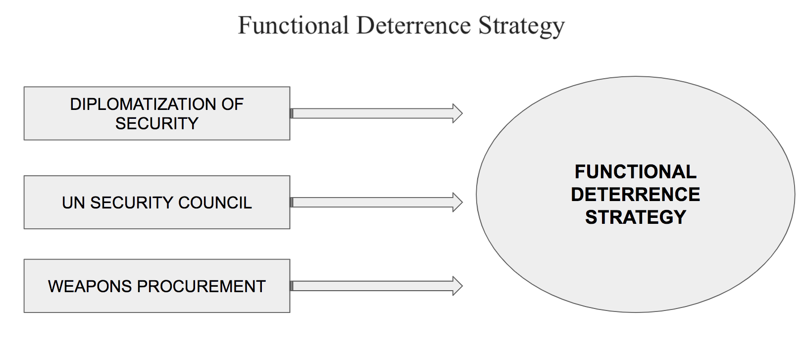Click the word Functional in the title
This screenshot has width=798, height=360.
pos(293,25)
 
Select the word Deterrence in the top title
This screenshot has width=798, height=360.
pos(414,25)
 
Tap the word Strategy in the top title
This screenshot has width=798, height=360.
pos(522,27)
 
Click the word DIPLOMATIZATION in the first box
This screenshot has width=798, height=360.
pos(143,104)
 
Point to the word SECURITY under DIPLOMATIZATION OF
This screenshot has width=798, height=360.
pos(157,124)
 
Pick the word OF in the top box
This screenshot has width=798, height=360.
pos(232,104)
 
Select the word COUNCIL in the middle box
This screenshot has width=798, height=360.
pos(215,203)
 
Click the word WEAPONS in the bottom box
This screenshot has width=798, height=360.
pos(90,287)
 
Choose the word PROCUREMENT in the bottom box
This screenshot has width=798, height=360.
pos(201,287)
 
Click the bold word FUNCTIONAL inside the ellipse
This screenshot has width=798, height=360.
pos(636,172)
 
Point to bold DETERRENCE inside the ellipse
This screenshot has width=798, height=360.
pos(636,195)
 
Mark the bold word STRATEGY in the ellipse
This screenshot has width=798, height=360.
pos(636,217)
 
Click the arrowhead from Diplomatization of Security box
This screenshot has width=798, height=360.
pos(457,113)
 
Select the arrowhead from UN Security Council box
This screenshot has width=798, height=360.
pos(457,203)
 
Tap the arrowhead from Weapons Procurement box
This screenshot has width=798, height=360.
pos(457,286)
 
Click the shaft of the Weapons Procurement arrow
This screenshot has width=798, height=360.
pos(372,286)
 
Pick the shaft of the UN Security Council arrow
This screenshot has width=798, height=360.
pos(372,203)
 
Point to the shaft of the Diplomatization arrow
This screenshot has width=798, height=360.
pos(372,113)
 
